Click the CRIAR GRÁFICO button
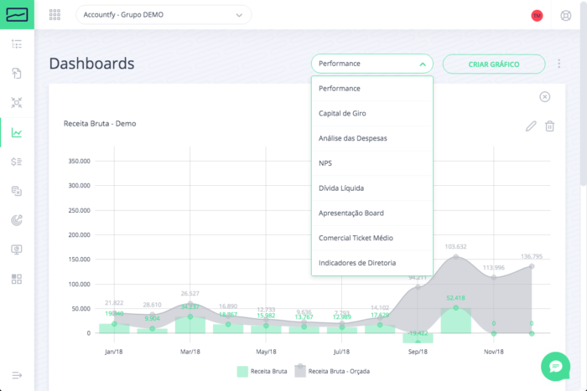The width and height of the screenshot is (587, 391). (x=494, y=64)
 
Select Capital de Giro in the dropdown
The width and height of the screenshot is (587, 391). (x=342, y=113)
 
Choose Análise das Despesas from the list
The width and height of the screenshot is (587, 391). (x=352, y=138)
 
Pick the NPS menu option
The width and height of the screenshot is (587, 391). (x=325, y=163)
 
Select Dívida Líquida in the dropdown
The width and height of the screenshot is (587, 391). (x=341, y=188)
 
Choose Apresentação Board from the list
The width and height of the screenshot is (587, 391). (x=351, y=214)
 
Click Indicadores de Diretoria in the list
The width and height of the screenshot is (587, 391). (x=357, y=264)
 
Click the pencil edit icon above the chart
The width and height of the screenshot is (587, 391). (x=530, y=126)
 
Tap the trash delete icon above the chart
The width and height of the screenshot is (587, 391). (x=550, y=126)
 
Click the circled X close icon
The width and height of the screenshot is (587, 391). (x=545, y=97)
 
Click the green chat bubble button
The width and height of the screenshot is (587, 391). (x=555, y=365)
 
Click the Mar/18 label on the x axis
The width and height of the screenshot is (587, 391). (x=190, y=352)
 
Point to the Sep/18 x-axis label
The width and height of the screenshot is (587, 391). (x=418, y=352)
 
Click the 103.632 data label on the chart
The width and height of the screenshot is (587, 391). (x=456, y=247)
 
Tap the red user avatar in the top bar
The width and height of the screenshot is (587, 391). (x=538, y=15)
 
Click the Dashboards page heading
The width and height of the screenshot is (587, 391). (x=91, y=64)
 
